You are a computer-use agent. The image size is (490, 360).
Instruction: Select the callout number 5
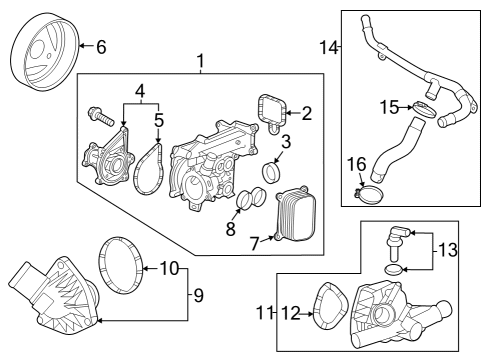(158, 122)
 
